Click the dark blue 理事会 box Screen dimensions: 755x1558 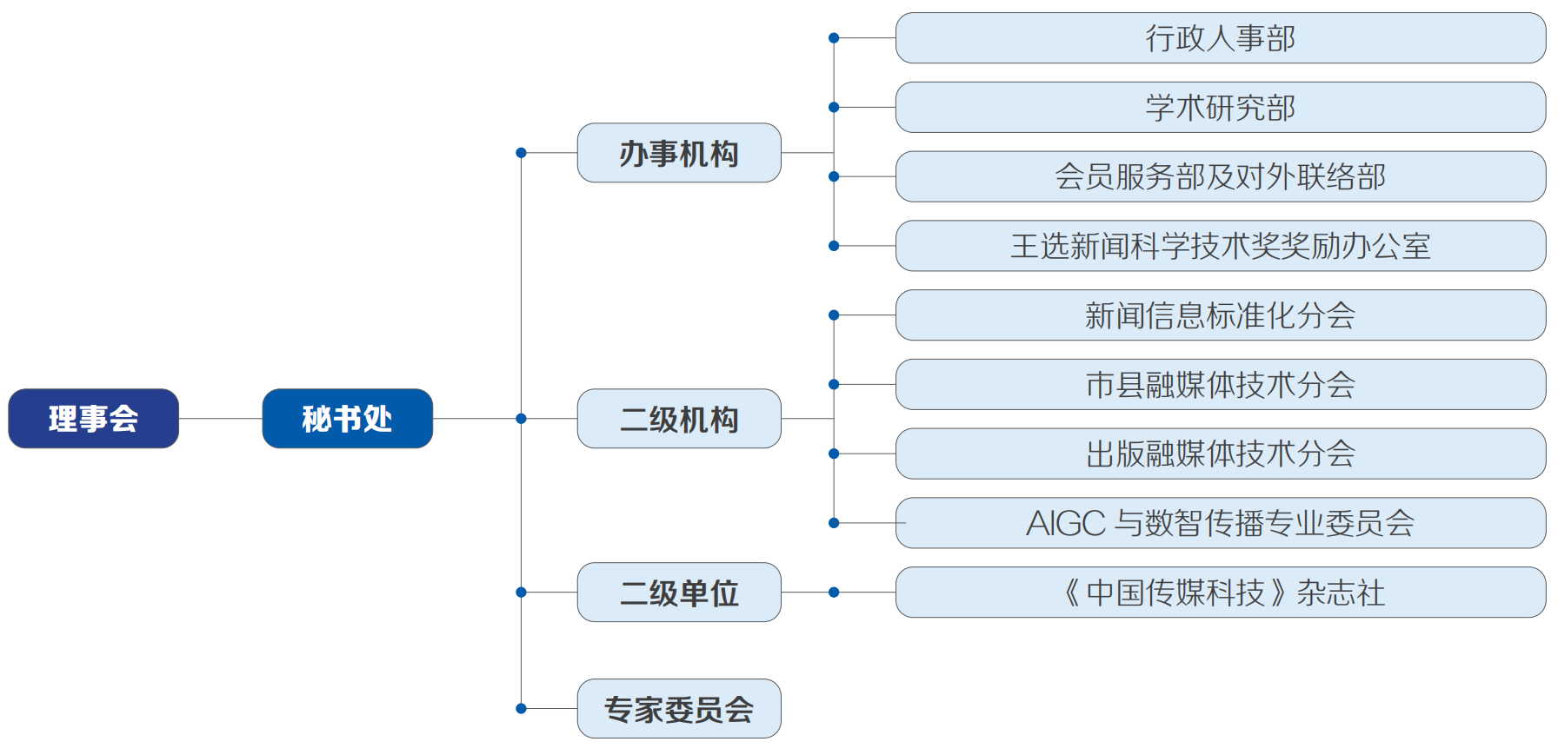[93, 419]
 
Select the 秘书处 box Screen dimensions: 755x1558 [347, 419]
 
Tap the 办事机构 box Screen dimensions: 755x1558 [679, 153]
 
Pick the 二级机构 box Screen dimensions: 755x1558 [679, 419]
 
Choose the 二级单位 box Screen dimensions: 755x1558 [679, 593]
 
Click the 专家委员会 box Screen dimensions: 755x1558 [679, 709]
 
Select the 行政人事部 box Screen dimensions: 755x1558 [1220, 38]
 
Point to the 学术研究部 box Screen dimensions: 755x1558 [1220, 108]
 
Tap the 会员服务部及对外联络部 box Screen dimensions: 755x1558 [1220, 176]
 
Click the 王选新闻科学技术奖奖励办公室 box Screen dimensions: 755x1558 [1220, 246]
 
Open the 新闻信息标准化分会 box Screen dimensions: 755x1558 [1220, 315]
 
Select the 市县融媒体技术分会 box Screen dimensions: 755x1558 [1220, 384]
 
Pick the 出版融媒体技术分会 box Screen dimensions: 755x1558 [1220, 454]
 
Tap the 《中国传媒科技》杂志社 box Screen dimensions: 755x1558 [1220, 593]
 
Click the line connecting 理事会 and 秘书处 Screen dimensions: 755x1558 [220, 419]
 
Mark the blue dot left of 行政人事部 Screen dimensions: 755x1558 [834, 38]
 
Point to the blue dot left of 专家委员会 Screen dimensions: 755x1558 [521, 709]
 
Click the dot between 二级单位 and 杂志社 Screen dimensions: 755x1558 [834, 593]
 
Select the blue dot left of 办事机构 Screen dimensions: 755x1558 [521, 153]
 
